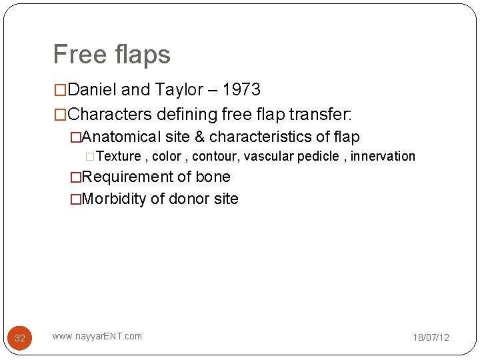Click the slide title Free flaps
tap(111, 55)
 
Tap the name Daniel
tap(91, 90)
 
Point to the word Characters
tap(110, 114)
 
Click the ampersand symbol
tap(199, 137)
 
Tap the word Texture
tap(118, 157)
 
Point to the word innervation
tap(383, 157)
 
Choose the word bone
tap(213, 177)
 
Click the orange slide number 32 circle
tap(20, 338)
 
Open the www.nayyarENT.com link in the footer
tap(97, 336)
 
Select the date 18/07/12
tap(431, 338)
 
